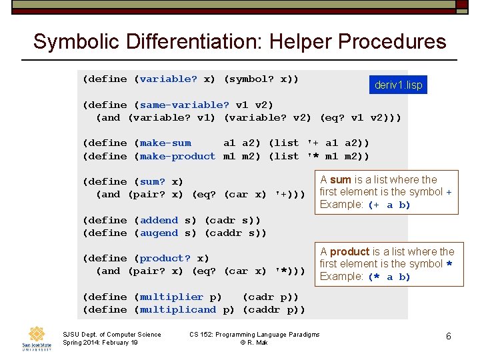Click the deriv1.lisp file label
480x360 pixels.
(398, 85)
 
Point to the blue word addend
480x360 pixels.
(159, 220)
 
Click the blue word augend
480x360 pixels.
(159, 233)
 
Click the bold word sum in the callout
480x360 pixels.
(340, 180)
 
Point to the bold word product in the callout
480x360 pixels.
(349, 252)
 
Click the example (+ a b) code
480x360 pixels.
(389, 205)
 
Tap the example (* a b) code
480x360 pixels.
(389, 277)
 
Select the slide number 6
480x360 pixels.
(449, 337)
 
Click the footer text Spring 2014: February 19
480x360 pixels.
(100, 343)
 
